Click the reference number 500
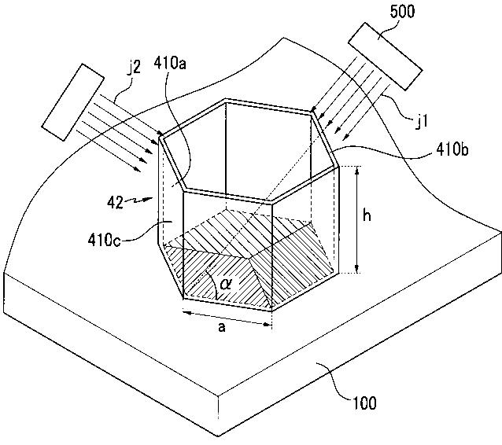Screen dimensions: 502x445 [x=402, y=12]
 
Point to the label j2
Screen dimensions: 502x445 [x=134, y=67]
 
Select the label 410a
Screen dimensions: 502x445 [x=170, y=63]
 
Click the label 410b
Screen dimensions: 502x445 [x=452, y=149]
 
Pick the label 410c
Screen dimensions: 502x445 [x=105, y=239]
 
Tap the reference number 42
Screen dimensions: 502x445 [x=115, y=203]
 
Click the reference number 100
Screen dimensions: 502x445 [x=364, y=403]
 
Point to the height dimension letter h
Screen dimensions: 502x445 [x=367, y=215]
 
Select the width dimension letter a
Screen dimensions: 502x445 [x=222, y=327]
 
